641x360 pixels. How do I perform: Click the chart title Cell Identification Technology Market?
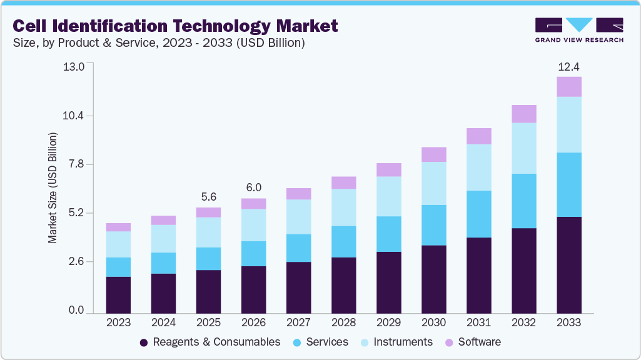coord(176,26)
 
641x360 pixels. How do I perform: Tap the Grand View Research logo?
coord(578,29)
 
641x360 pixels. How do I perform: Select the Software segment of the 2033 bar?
coord(568,87)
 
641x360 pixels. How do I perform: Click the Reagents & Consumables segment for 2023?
coord(118,294)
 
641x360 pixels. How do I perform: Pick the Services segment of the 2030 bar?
coord(433,225)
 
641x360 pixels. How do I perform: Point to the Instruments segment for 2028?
coord(343,207)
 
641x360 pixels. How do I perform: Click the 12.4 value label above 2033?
coord(568,66)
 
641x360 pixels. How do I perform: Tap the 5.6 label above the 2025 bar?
coord(208,197)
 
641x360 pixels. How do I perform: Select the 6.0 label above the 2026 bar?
coord(253,187)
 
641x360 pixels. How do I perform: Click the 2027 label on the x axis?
coord(298,322)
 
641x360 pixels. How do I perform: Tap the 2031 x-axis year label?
coord(478,322)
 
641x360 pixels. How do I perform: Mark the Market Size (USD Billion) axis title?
coord(53,187)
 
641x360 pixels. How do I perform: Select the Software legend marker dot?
coord(449,342)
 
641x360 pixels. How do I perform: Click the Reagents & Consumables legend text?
coord(216,342)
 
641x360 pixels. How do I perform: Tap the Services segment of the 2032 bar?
coord(523,201)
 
